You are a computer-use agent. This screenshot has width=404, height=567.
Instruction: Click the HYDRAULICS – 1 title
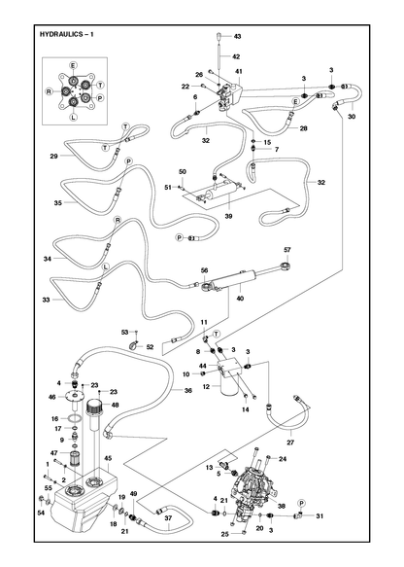[x=66, y=34]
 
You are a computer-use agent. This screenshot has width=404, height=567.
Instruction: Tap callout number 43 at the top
[x=237, y=36]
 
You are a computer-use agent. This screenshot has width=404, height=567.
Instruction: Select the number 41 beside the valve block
[x=239, y=71]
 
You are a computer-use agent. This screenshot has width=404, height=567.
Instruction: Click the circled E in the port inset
[x=73, y=65]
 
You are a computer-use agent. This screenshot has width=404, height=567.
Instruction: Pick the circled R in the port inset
[x=49, y=91]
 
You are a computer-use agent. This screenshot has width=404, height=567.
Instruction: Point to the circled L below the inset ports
[x=73, y=117]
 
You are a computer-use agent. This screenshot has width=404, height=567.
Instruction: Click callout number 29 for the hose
[x=53, y=157]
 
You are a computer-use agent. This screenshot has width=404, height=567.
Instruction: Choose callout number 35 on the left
[x=58, y=203]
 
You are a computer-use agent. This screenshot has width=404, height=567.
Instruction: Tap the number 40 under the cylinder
[x=241, y=299]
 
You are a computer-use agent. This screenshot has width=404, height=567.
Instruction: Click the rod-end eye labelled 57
[x=286, y=266]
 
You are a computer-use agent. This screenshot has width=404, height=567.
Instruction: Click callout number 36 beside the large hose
[x=188, y=391]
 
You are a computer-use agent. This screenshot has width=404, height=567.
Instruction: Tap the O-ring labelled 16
[x=76, y=418]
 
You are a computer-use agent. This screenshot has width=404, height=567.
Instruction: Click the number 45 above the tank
[x=108, y=458]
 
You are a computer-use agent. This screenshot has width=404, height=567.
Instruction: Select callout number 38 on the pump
[x=282, y=506]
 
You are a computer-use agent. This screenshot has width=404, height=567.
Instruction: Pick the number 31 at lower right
[x=320, y=516]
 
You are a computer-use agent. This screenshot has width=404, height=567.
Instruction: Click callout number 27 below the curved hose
[x=290, y=442]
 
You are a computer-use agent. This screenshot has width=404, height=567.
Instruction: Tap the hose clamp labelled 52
[x=135, y=345]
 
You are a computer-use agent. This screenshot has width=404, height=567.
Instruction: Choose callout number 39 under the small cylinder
[x=228, y=216]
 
